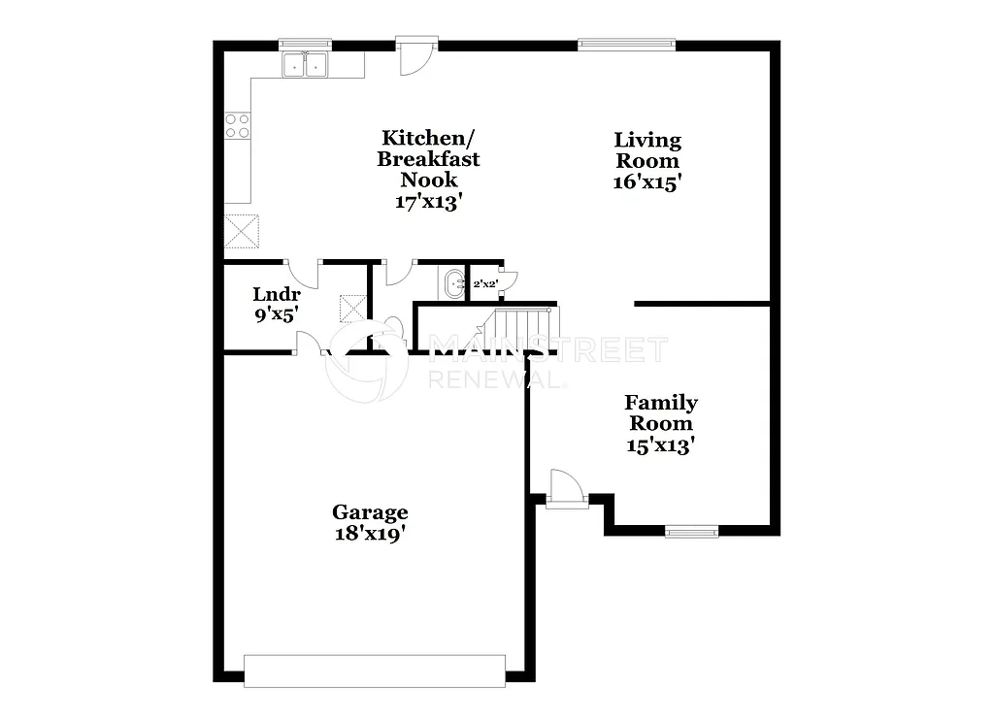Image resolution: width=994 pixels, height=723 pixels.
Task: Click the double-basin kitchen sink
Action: pos(305,65)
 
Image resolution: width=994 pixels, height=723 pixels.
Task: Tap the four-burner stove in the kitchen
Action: pos(238,125)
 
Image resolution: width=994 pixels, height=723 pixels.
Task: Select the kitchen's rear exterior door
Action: pos(416,56)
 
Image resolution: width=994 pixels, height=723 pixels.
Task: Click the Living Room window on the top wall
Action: pos(626,44)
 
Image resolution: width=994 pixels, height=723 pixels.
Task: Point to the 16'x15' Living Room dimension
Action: pos(646,181)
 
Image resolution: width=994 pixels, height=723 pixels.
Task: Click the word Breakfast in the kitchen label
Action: pos(428,159)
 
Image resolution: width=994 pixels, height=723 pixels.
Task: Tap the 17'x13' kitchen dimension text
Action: pos(428,202)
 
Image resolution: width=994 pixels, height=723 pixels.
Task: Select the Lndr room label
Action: pos(276,294)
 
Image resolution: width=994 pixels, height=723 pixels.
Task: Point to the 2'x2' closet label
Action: pos(484,284)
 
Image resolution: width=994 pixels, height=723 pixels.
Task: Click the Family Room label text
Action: pos(660,412)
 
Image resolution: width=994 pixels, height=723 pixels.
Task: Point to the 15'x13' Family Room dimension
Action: pos(660,445)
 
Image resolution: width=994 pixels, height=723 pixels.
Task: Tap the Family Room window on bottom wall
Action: pos(691,531)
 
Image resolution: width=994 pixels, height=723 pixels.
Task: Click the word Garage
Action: pos(370,511)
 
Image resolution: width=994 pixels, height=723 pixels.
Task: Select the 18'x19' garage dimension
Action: pos(370,533)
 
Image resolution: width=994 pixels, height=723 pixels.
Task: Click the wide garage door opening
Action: pos(374,671)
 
